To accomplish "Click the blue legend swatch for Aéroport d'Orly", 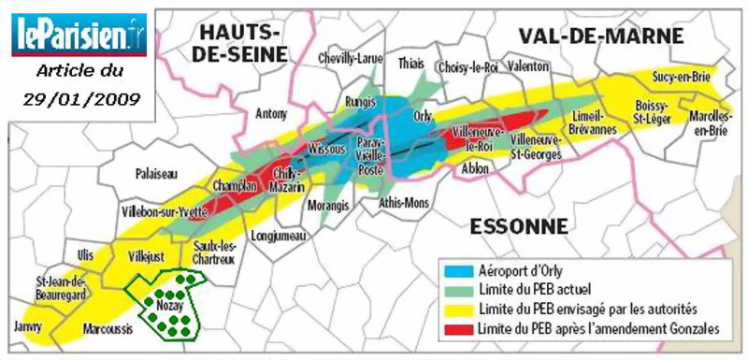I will [458, 270].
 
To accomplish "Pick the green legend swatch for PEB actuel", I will [458, 289].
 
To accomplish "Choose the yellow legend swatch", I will [458, 308].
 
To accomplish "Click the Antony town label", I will [270, 114].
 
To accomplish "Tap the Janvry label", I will [28, 327].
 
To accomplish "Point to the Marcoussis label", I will [100, 328].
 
